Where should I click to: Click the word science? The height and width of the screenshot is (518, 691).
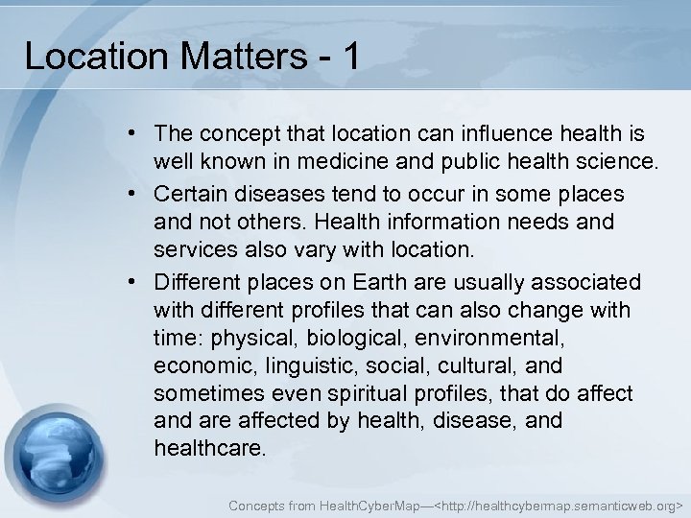click(x=611, y=158)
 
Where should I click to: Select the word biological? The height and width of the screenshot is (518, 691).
click(x=349, y=339)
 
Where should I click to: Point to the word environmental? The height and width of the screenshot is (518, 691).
click(x=491, y=339)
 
